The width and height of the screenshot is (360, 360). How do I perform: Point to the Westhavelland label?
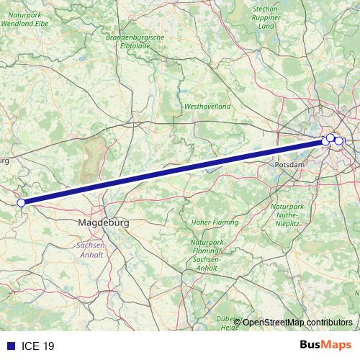click(207, 106)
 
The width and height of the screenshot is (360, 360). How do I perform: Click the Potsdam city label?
click(290, 165)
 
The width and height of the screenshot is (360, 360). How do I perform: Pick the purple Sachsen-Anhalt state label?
click(91, 250)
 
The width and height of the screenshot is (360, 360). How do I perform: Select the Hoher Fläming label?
click(210, 222)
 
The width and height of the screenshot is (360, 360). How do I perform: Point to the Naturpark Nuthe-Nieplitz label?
click(289, 215)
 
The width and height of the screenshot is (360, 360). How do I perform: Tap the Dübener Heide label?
click(230, 323)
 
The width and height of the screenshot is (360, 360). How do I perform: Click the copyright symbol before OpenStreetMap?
click(237, 322)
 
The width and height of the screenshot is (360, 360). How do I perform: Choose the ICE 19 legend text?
click(37, 346)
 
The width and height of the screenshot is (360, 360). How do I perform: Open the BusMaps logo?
click(325, 345)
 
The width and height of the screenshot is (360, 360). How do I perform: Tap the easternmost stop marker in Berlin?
click(338, 140)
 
